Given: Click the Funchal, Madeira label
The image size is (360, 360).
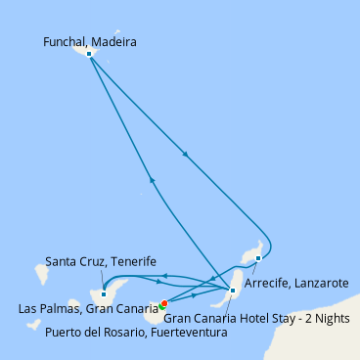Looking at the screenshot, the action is click(x=90, y=42).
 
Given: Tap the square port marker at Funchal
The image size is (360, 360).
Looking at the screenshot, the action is click(x=89, y=54).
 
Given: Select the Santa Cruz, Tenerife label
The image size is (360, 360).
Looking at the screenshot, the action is click(x=101, y=261).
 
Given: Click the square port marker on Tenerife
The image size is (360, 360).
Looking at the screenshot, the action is click(x=104, y=294).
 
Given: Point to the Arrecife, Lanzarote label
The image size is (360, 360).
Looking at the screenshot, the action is click(x=296, y=284).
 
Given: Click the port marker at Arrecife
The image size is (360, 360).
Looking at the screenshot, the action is click(x=258, y=258).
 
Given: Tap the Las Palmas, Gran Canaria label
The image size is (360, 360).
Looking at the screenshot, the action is click(x=88, y=308).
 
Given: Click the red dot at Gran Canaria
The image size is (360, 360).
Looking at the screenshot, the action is click(x=164, y=303).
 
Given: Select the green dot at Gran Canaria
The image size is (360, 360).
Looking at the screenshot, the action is click(x=161, y=306).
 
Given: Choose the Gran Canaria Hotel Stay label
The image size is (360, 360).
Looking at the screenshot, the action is click(x=256, y=318).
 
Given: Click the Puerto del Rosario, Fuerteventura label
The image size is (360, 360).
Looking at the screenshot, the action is click(x=136, y=333).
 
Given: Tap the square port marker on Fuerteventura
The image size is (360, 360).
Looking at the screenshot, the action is click(x=233, y=291).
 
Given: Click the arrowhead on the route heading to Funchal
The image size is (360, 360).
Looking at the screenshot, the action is click(x=152, y=180).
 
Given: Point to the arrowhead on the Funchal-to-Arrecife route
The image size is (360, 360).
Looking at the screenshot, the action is click(x=185, y=154).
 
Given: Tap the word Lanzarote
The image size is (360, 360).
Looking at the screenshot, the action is click(x=320, y=284).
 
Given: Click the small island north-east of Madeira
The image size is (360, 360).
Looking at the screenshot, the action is click(x=117, y=32).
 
